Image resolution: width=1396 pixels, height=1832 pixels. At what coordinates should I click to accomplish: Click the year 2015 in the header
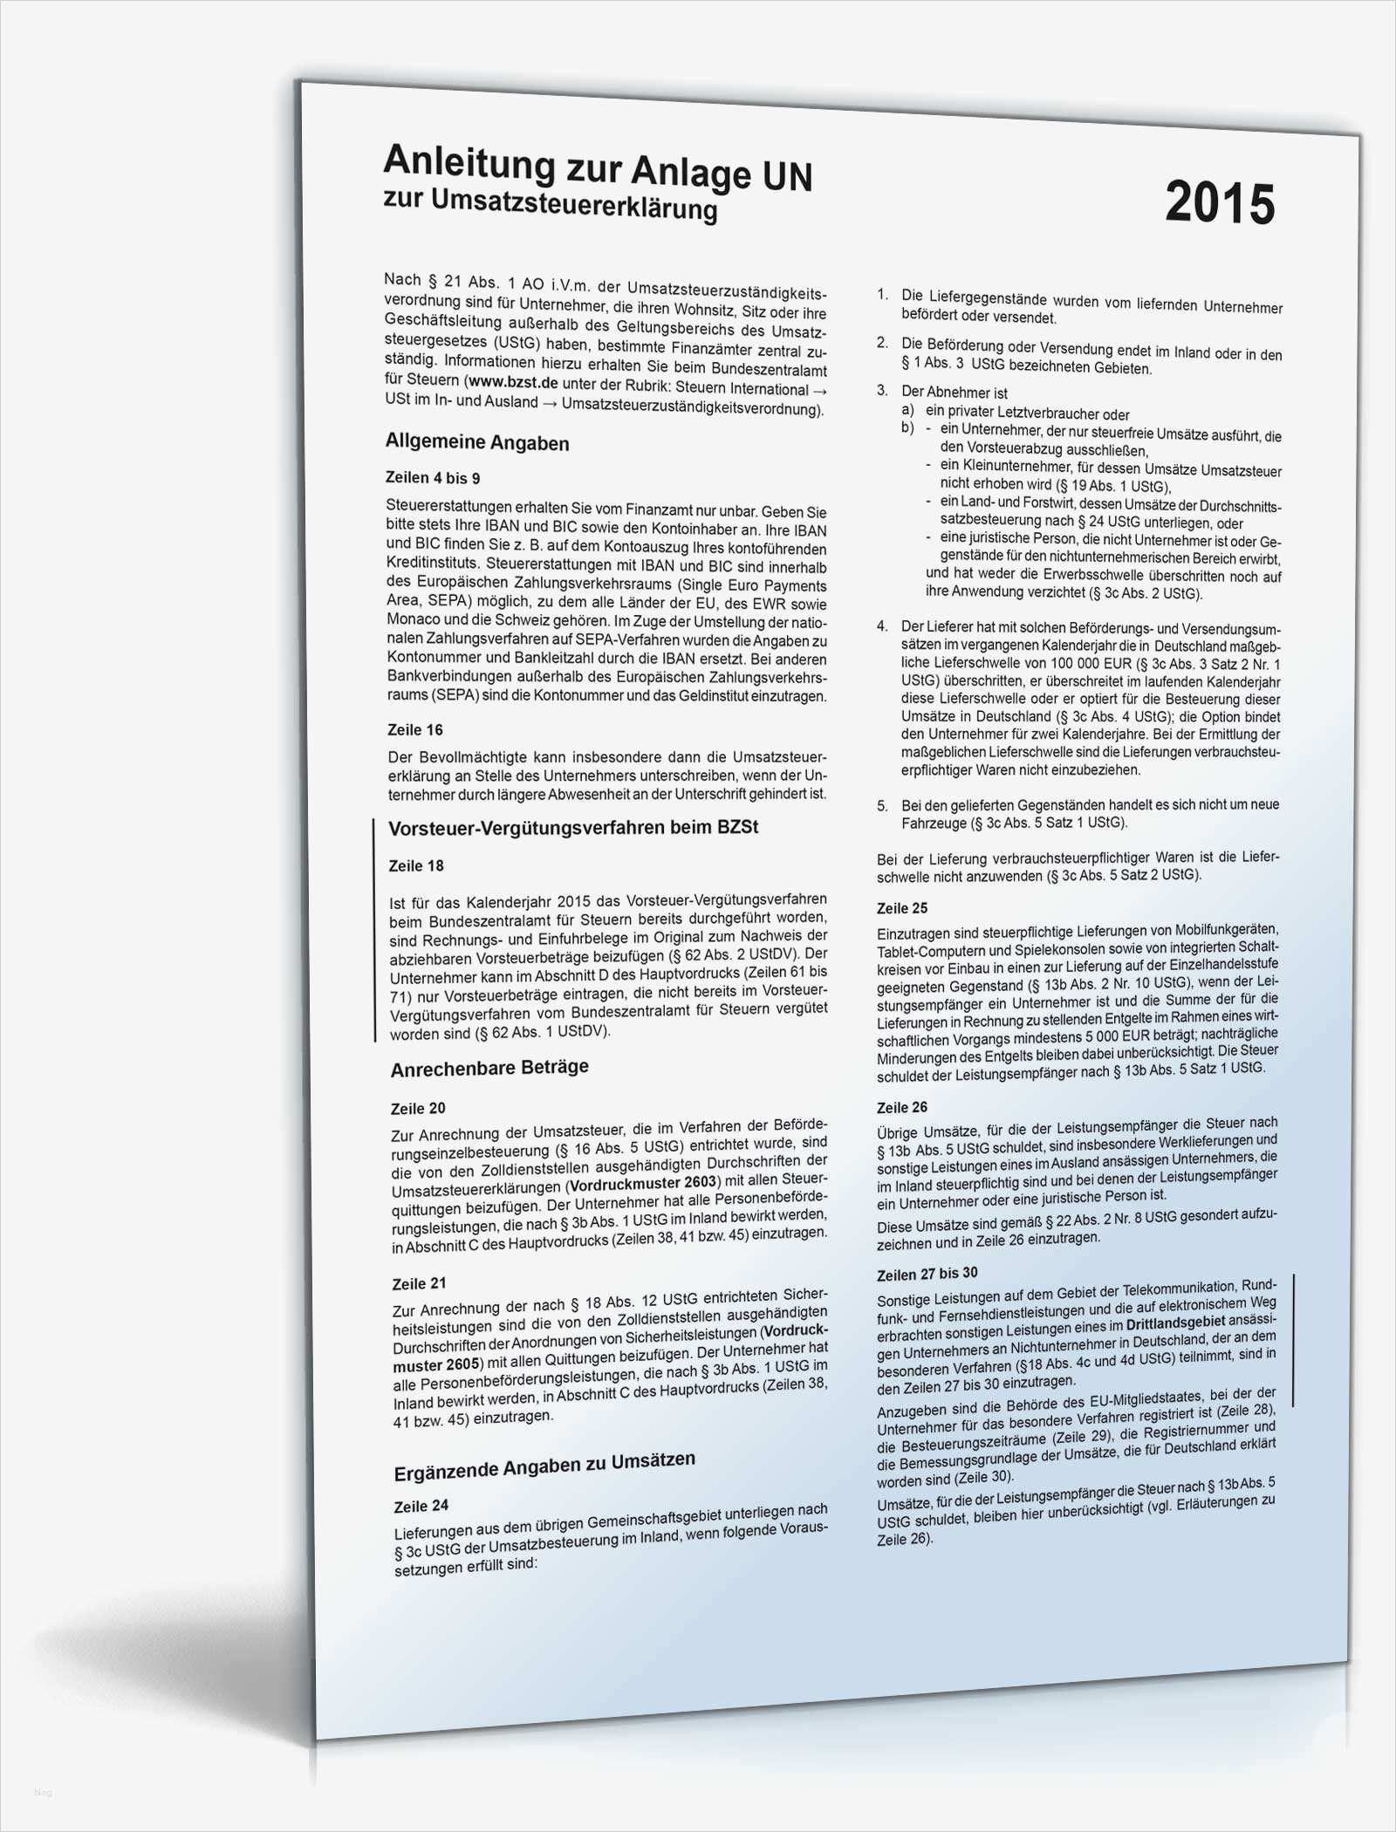coord(1220,202)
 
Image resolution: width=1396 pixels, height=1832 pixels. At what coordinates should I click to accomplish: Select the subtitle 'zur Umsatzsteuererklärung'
coord(551,207)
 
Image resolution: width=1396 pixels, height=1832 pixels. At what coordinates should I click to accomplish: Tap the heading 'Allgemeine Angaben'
coord(477,442)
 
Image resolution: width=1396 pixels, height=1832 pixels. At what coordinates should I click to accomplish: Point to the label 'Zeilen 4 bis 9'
coord(433,478)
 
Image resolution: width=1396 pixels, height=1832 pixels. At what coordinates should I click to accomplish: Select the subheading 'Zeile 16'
coord(415,729)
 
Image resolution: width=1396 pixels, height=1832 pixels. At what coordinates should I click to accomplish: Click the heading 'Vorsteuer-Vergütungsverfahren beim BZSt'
coord(573,826)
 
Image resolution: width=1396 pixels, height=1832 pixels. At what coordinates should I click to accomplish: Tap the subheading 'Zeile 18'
coord(416,865)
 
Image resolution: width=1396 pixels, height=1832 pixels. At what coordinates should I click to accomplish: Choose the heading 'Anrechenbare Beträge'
coord(489,1068)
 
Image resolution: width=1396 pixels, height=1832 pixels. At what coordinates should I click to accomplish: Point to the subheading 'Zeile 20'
coord(418,1109)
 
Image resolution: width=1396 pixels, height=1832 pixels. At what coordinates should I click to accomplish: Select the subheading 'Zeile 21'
coord(420,1284)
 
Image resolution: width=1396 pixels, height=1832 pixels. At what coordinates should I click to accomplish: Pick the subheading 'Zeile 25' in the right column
coord(902,908)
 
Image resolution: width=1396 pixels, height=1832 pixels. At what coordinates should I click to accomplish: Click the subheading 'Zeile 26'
coord(902,1107)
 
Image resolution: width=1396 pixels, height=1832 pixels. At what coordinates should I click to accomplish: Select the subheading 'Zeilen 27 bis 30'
coord(927,1274)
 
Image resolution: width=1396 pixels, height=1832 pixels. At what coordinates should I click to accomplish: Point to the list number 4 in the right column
coord(882,626)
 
